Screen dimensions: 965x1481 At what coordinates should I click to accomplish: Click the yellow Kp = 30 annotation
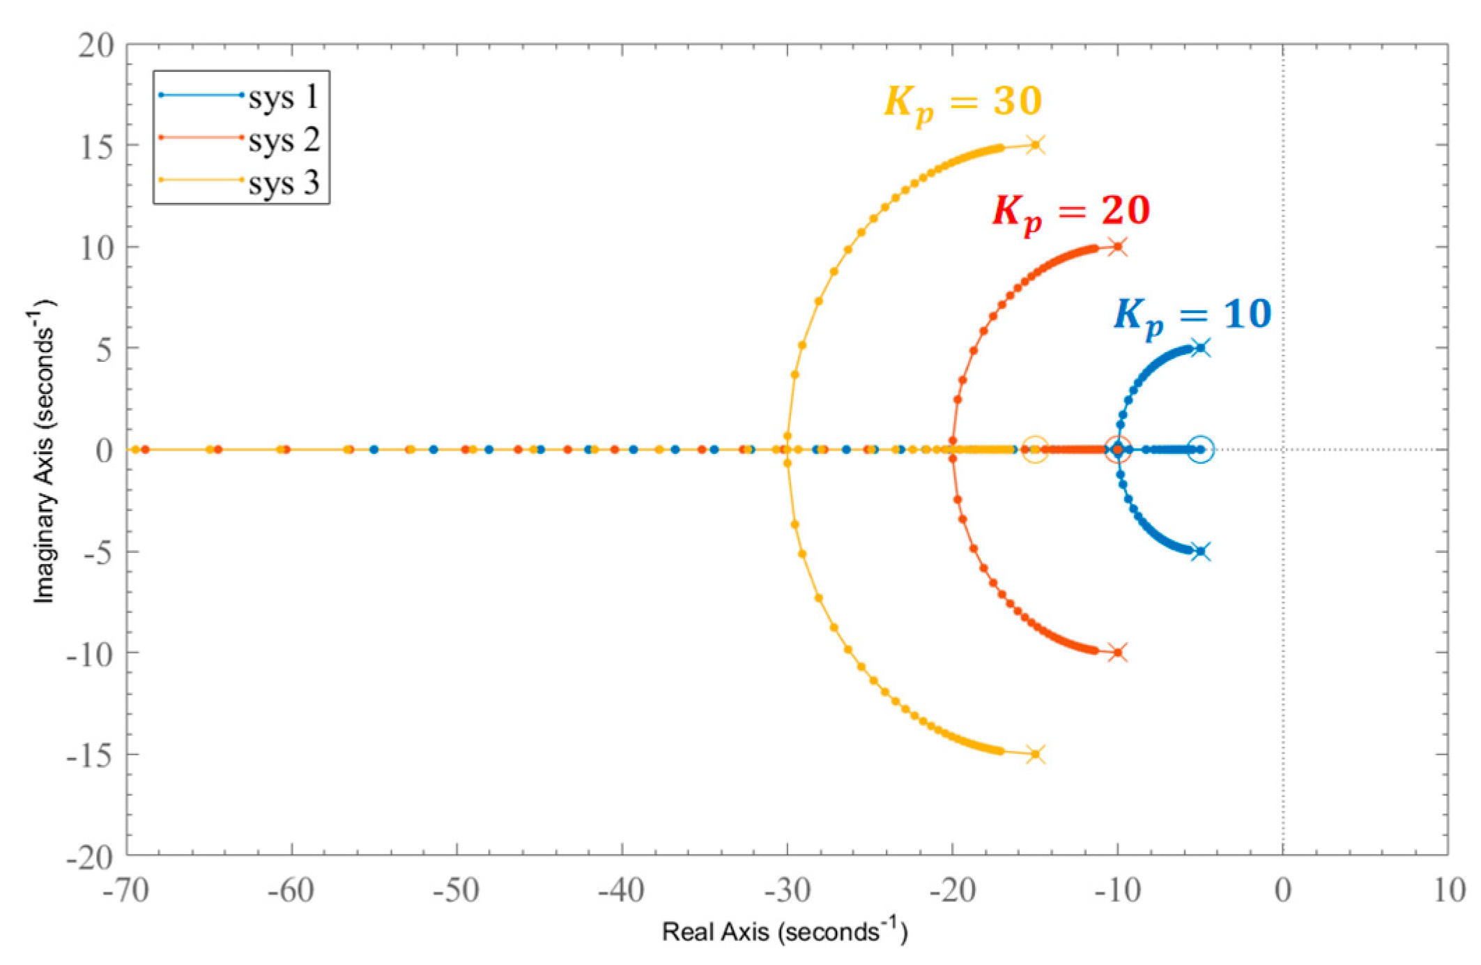(963, 103)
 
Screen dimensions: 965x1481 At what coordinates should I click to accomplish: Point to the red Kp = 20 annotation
(1071, 211)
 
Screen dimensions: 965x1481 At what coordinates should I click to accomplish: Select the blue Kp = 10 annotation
(1192, 315)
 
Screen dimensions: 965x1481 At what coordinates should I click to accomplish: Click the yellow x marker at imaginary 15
(1036, 145)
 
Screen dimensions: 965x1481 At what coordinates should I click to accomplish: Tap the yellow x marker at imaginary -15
(1036, 754)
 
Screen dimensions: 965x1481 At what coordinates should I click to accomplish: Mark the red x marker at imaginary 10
(1118, 246)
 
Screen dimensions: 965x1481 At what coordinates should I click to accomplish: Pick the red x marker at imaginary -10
(1118, 653)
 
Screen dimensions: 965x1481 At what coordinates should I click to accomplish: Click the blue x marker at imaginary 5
(1200, 348)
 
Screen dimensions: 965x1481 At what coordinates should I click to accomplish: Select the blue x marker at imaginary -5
(1200, 552)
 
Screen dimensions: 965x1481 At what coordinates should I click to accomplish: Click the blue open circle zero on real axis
(1200, 450)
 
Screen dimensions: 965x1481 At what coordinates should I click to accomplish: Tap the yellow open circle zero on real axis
(1035, 450)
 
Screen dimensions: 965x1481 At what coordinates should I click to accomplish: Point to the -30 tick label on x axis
(787, 890)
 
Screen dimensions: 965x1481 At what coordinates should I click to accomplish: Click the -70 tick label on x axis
(126, 890)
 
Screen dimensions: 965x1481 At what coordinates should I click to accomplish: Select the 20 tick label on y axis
(95, 45)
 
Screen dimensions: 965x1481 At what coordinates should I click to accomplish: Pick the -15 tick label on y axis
(89, 755)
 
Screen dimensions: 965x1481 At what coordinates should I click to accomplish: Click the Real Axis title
(784, 932)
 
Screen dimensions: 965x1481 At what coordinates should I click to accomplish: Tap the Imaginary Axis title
(44, 450)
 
